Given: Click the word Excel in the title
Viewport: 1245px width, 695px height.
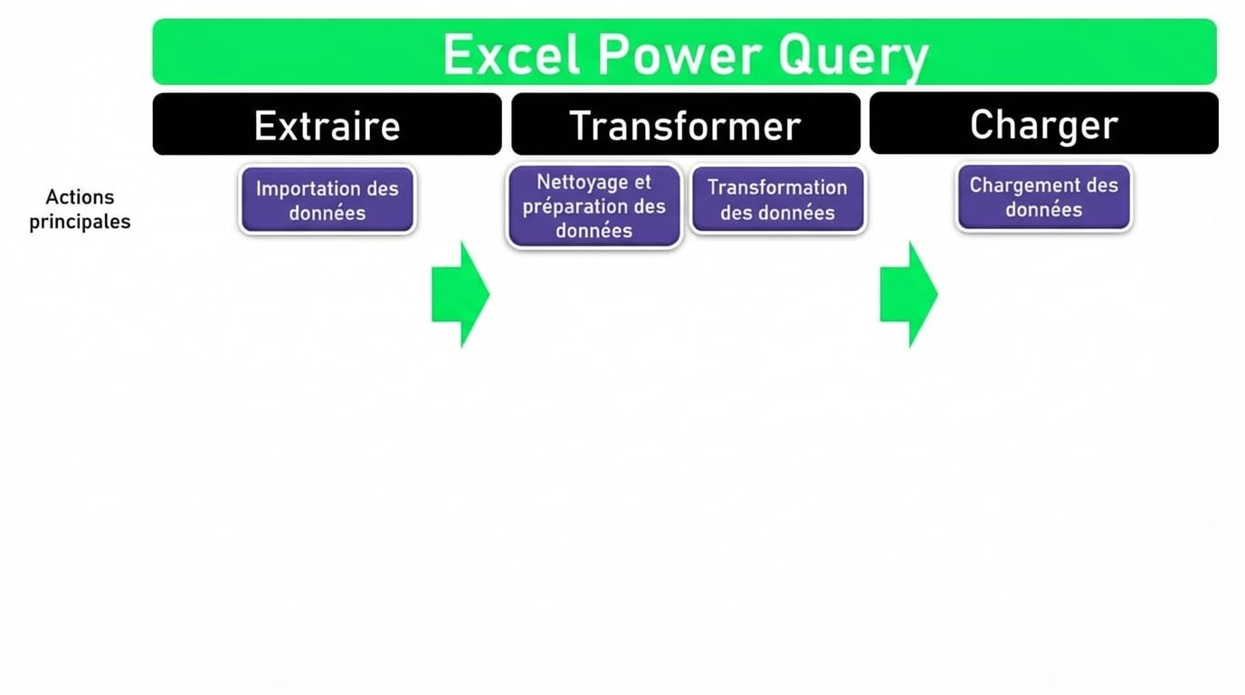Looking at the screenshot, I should (x=511, y=55).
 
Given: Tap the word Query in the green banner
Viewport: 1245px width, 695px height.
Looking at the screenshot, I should (x=852, y=57).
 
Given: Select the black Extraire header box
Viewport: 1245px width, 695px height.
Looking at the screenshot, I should (x=327, y=125).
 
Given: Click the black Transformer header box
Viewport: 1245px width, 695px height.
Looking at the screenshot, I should (x=685, y=125).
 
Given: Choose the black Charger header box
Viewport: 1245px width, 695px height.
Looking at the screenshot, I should (x=1043, y=124).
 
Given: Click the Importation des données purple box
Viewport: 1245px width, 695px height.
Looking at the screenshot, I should (x=328, y=200).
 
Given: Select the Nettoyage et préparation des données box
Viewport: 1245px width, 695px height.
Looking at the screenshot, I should (x=594, y=205).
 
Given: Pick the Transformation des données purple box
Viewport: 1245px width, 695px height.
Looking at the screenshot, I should (x=777, y=199).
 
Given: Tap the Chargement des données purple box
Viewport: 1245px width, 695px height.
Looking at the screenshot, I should (x=1043, y=197).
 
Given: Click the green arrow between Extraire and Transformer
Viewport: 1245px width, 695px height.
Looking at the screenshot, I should (x=461, y=294).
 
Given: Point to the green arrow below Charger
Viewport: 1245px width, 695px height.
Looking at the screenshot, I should (x=908, y=294).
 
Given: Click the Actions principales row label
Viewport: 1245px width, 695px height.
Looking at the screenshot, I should (x=80, y=209).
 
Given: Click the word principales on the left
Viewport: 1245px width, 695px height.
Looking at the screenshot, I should (x=80, y=222).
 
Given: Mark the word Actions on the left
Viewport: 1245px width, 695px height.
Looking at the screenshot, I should (x=80, y=197).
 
